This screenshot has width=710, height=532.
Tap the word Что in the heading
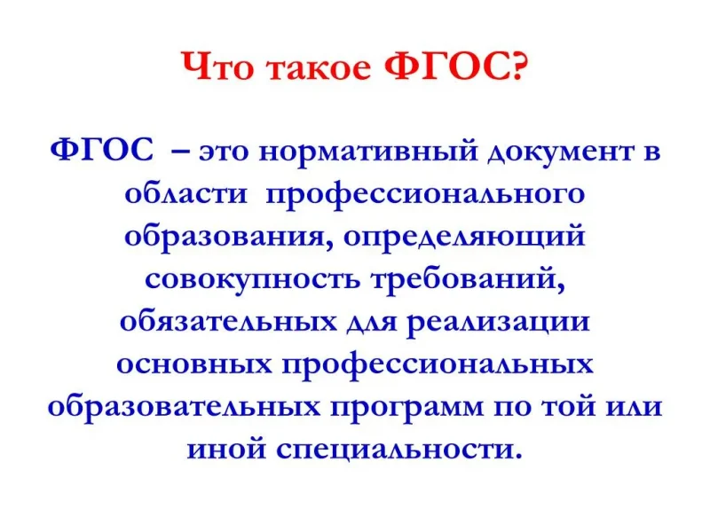(x=218, y=66)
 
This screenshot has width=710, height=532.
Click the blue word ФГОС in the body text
(x=102, y=151)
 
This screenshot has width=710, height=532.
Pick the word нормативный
(x=368, y=153)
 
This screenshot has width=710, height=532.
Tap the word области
(x=186, y=194)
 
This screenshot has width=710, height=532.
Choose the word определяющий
(x=463, y=238)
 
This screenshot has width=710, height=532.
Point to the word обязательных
(x=229, y=322)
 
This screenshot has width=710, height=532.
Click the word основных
(x=194, y=364)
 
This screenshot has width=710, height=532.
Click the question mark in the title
(x=517, y=66)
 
